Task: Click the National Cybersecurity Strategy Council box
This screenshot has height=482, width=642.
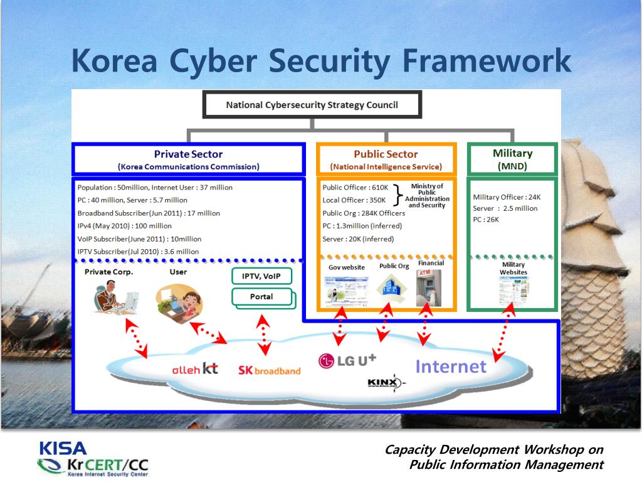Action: pyautogui.click(x=312, y=105)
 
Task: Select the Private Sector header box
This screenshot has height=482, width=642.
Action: pyautogui.click(x=188, y=159)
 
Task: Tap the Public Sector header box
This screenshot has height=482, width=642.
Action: pyautogui.click(x=386, y=159)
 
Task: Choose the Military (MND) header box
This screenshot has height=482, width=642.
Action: pyautogui.click(x=512, y=159)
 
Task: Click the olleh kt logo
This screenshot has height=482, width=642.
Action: pyautogui.click(x=195, y=369)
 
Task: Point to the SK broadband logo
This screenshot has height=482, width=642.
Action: pyautogui.click(x=269, y=370)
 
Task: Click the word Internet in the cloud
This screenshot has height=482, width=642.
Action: pyautogui.click(x=451, y=367)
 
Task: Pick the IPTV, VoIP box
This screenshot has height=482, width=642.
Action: pyautogui.click(x=261, y=276)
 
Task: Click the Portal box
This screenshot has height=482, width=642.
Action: pyautogui.click(x=261, y=297)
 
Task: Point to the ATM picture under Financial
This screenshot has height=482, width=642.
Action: pyautogui.click(x=429, y=288)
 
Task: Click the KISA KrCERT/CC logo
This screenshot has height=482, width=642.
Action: pyautogui.click(x=92, y=458)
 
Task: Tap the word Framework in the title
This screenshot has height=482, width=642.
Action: pyautogui.click(x=486, y=61)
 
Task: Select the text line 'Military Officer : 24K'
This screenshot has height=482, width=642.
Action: pyautogui.click(x=507, y=197)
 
